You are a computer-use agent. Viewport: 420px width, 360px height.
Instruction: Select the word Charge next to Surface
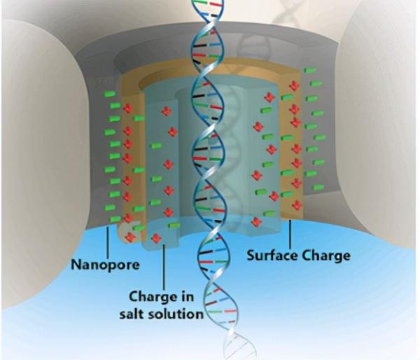click(x=325, y=256)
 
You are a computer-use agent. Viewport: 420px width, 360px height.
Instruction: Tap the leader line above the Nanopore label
click(x=106, y=241)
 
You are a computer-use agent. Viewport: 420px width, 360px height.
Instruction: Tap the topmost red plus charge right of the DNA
click(x=294, y=85)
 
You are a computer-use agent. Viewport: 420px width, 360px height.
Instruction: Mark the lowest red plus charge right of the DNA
click(x=256, y=222)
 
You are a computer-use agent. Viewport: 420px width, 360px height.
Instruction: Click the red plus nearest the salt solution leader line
click(x=156, y=238)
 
